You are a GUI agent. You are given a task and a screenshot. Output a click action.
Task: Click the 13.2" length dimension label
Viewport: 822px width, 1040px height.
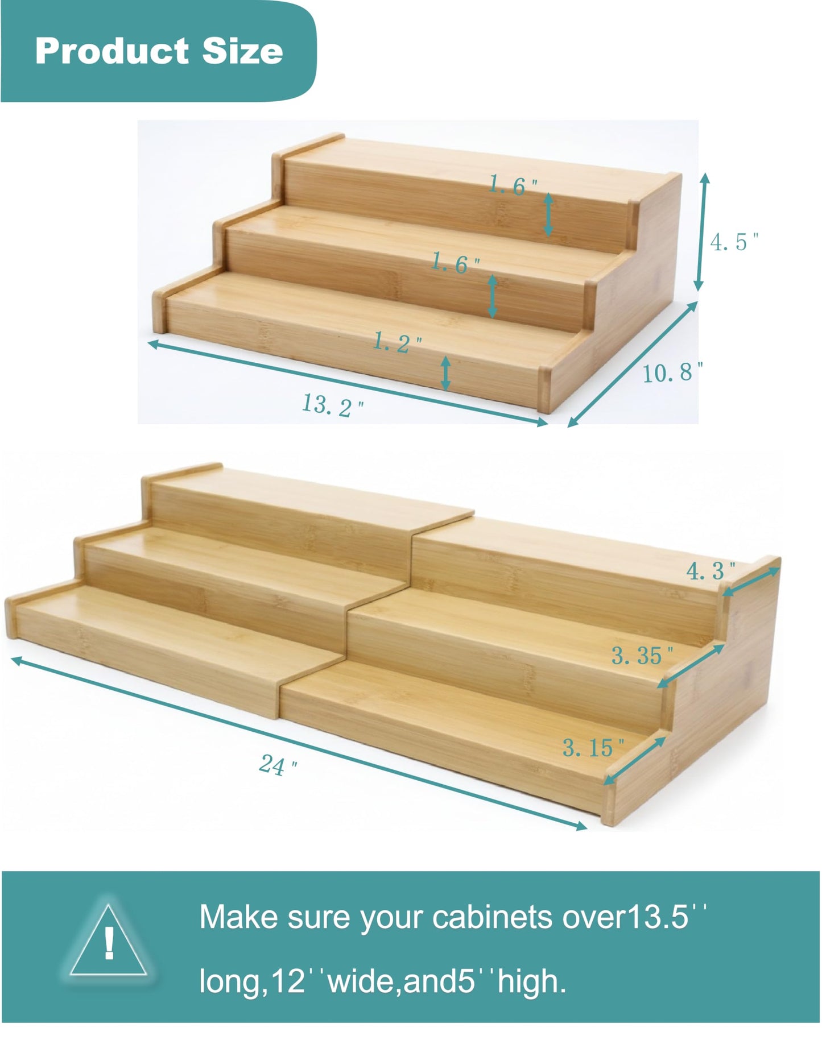click(332, 405)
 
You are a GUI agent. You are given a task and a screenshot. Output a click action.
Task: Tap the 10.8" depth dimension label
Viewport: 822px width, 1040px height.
click(673, 372)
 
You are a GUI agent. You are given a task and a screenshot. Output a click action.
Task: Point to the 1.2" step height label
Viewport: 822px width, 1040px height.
click(398, 342)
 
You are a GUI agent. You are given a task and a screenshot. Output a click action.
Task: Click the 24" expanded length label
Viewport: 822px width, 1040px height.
click(278, 764)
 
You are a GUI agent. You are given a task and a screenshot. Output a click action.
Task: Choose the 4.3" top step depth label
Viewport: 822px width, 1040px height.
click(711, 570)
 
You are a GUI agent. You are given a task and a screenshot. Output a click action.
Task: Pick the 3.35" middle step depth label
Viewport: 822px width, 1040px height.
click(642, 656)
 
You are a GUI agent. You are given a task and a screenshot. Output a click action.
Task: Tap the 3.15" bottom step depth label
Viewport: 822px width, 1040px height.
click(593, 747)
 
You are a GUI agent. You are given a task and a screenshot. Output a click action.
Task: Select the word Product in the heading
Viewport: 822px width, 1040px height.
click(111, 51)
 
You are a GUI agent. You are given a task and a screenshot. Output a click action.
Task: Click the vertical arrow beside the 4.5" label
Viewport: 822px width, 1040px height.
click(703, 232)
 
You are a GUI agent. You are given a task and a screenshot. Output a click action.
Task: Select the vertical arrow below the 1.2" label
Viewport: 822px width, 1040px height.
click(446, 373)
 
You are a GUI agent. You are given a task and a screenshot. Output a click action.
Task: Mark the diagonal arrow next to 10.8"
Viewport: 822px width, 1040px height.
click(633, 364)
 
